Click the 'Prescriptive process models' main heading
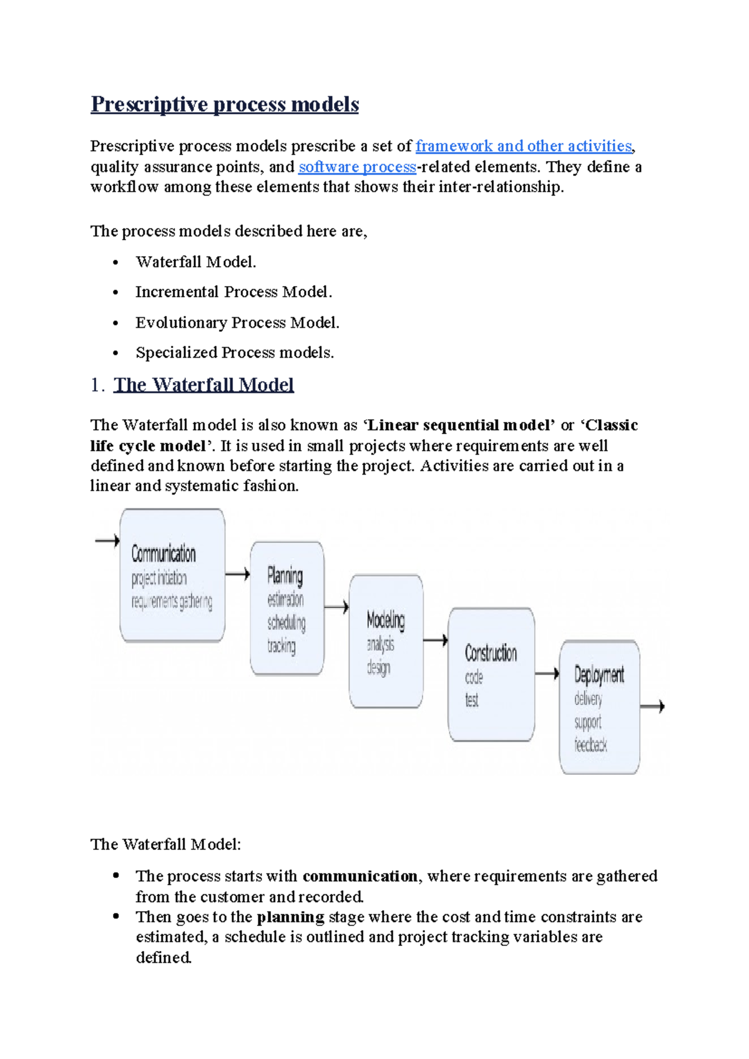pos(225,104)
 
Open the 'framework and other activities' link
pos(524,146)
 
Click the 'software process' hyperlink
pos(357,167)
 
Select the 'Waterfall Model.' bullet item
pos(196,262)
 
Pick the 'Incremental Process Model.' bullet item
pos(233,292)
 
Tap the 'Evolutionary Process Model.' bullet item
pos(237,322)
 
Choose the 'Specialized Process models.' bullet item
pos(235,352)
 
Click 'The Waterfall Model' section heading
pos(203,385)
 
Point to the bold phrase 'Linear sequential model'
pos(458,425)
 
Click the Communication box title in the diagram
pos(164,554)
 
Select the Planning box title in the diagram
pos(285,575)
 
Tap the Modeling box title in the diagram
pos(386,620)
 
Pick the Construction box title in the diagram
pos(491,653)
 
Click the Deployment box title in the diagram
pos(599,675)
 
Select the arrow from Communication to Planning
pos(237,574)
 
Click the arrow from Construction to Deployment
pos(547,673)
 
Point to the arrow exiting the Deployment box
pos(653,706)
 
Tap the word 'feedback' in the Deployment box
pos(590,744)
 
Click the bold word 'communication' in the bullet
pos(360,876)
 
